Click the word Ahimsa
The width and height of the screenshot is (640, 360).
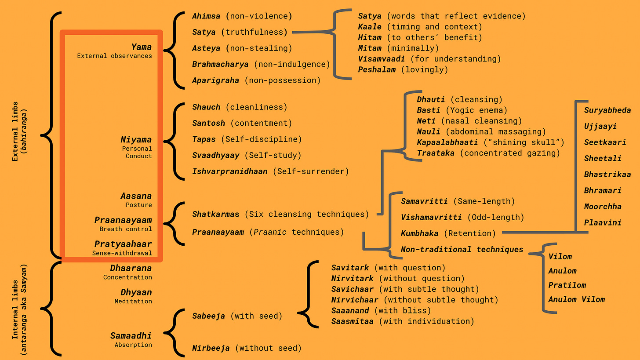click(207, 16)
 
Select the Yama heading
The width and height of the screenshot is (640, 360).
click(141, 47)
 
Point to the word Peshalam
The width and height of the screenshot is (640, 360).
click(377, 69)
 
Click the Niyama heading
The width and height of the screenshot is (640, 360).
click(136, 140)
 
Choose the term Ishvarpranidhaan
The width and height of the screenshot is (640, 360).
click(230, 171)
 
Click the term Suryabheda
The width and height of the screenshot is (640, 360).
click(607, 110)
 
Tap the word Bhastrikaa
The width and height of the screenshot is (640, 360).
click(607, 175)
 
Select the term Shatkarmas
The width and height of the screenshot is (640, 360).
click(216, 214)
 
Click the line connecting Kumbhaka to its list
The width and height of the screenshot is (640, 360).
click(538, 231)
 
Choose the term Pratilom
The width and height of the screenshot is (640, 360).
click(567, 285)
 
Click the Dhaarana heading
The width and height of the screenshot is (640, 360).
click(131, 268)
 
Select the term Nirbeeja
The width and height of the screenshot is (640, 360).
click(211, 348)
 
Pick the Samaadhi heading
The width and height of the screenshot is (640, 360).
click(131, 336)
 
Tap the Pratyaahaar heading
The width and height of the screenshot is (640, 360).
click(123, 244)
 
